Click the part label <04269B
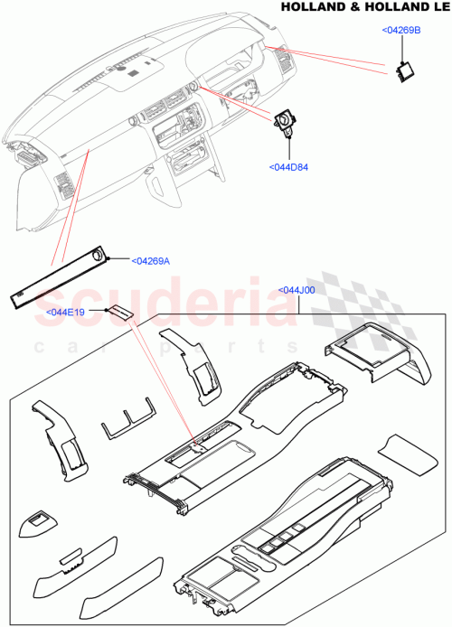[x=402, y=30]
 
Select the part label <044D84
[x=288, y=166]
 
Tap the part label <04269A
[x=150, y=261]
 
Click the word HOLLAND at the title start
[x=307, y=7]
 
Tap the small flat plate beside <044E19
[x=120, y=313]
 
